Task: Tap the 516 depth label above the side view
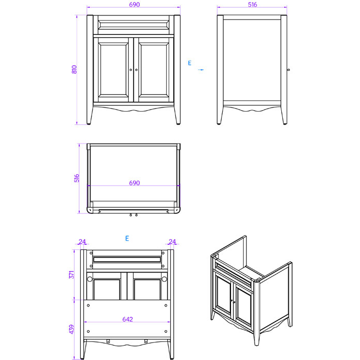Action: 252,5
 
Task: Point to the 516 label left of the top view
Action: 77,178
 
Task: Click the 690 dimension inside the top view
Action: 135,183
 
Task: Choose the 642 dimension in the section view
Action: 128,319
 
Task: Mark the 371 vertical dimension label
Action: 72,274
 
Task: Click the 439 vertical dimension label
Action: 72,328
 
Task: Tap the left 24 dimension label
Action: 82,242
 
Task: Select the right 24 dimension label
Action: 172,242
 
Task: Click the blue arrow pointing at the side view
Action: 201,69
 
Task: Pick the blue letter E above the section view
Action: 127,239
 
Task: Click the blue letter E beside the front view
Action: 189,63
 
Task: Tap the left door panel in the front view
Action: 114,69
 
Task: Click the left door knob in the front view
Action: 131,70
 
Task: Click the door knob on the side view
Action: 288,70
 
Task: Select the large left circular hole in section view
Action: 90,279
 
